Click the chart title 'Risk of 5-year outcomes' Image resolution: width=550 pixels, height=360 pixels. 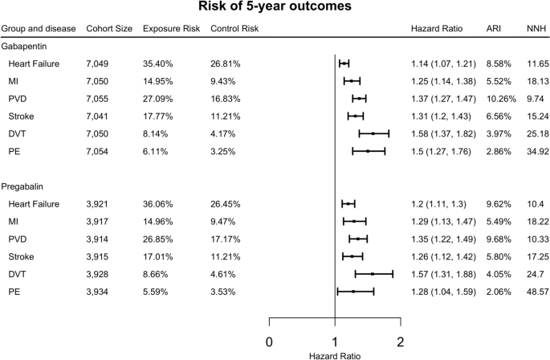pos(275,6)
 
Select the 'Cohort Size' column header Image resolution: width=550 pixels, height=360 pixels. pos(109,28)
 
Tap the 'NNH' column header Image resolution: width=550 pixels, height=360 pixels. pos(536,28)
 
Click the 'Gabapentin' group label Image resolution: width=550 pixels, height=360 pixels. pos(24,47)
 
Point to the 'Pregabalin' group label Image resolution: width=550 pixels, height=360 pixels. pos(22,187)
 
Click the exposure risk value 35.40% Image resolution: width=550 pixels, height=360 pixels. pos(157,64)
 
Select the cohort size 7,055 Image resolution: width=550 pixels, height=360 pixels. pos(97,99)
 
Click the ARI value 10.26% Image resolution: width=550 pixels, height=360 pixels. pos(501,99)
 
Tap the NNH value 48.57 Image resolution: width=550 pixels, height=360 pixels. pos(538,292)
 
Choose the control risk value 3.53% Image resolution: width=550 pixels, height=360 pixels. pos(222,292)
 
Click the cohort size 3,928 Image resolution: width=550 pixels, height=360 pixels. pos(97,274)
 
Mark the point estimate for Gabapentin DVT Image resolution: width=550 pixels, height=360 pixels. pos(373,133)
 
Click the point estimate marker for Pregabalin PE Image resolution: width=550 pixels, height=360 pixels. pos(353,292)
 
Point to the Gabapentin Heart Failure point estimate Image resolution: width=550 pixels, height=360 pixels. pos(344,63)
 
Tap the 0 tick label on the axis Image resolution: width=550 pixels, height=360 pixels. pos(269,342)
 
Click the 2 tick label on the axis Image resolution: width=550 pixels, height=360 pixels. pos(401,342)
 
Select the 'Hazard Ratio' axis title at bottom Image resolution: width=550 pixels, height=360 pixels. pos(335,356)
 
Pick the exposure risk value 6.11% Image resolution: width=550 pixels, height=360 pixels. pos(155,152)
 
